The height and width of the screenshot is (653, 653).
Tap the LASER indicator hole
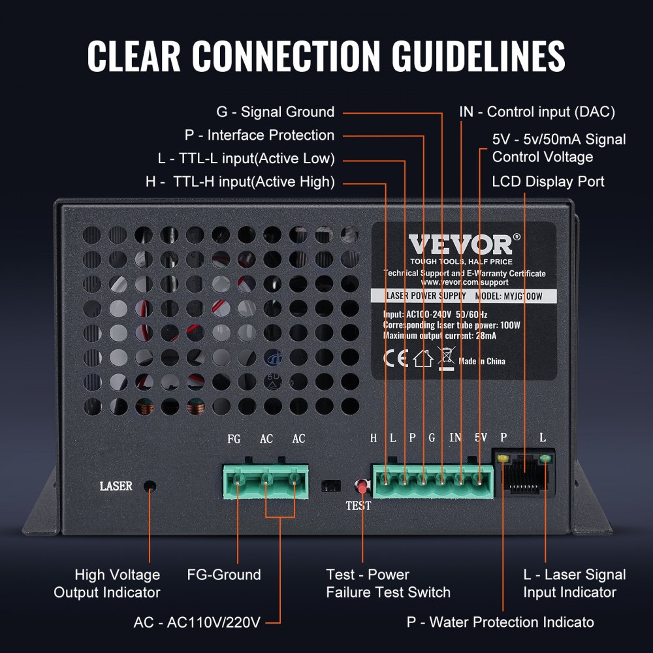(x=150, y=486)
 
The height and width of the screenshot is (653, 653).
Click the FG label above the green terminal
(x=234, y=439)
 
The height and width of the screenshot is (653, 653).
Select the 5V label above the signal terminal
(x=481, y=438)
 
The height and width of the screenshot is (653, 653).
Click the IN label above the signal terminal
(x=455, y=438)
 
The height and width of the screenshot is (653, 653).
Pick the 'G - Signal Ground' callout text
(x=276, y=112)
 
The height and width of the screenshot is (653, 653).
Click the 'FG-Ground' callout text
(x=224, y=575)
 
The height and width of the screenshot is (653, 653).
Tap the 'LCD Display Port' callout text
(x=548, y=182)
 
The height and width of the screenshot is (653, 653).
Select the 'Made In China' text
(x=482, y=361)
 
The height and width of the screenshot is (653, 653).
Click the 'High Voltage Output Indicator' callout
(x=107, y=584)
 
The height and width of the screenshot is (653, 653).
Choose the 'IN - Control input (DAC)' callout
(x=537, y=112)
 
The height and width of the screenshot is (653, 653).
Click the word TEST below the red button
(x=358, y=505)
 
